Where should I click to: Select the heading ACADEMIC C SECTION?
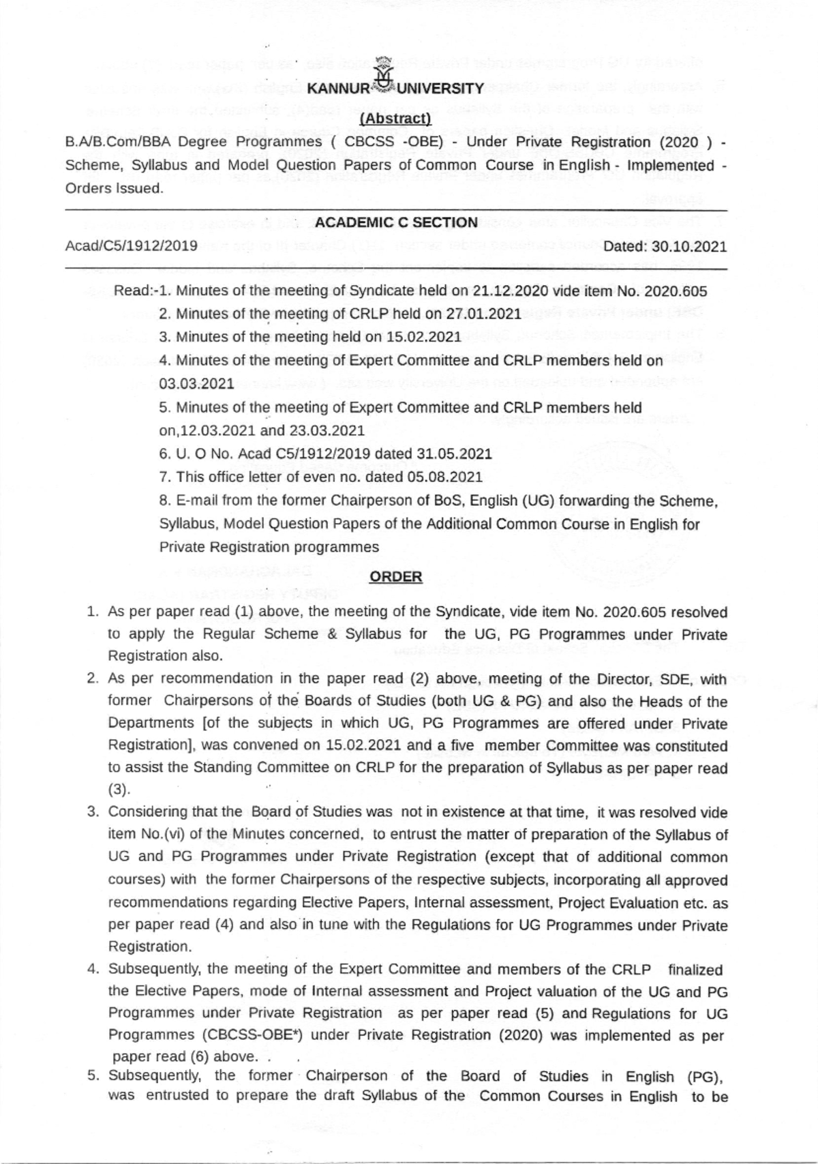[396, 222]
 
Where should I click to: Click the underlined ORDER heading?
[395, 577]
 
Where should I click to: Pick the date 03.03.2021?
[196, 383]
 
